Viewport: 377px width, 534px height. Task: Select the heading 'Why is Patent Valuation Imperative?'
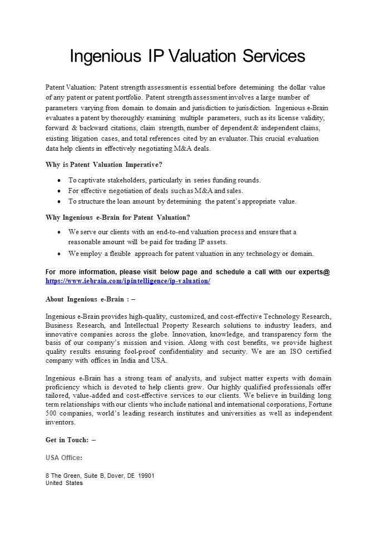[x=104, y=165]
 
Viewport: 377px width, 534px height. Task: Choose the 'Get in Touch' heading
[x=71, y=440]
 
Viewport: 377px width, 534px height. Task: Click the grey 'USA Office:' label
[x=64, y=458]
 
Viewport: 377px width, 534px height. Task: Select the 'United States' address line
[x=64, y=483]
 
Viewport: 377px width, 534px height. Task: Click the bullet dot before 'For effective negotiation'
[x=59, y=191]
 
